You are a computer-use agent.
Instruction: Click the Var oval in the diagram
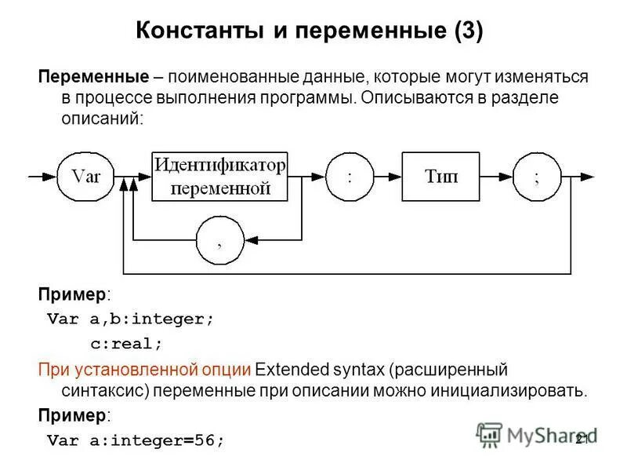pyautogui.click(x=86, y=177)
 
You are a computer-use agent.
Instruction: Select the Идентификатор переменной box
pyautogui.click(x=220, y=177)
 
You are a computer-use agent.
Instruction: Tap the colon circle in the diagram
pyautogui.click(x=350, y=177)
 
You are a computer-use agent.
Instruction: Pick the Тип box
pyautogui.click(x=441, y=177)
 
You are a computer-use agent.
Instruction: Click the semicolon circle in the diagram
pyautogui.click(x=537, y=177)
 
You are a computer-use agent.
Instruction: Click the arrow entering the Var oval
pyautogui.click(x=44, y=177)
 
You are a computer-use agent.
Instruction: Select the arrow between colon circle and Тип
pyautogui.click(x=389, y=177)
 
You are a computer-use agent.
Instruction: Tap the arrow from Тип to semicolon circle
pyautogui.click(x=497, y=177)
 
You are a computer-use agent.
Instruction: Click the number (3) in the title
pyautogui.click(x=469, y=31)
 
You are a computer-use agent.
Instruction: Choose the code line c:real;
pyautogui.click(x=126, y=344)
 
